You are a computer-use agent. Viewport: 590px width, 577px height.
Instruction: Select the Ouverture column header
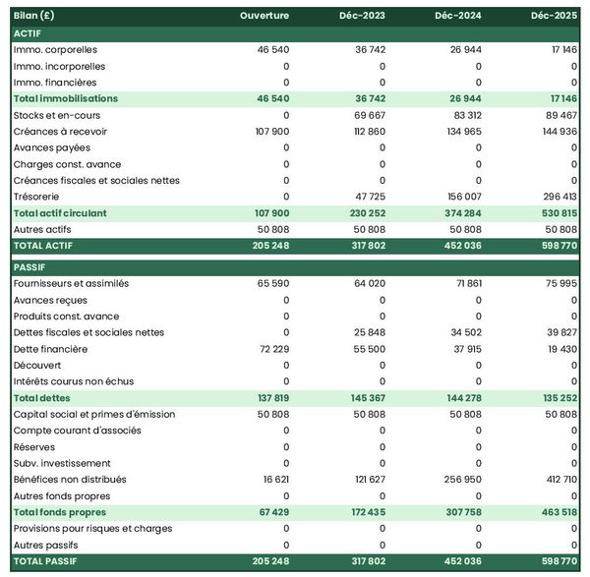[265, 16]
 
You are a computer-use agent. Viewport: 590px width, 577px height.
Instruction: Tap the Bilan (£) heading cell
[36, 16]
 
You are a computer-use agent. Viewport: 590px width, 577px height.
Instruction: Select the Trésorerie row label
[38, 197]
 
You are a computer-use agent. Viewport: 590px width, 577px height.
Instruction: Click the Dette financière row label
[50, 349]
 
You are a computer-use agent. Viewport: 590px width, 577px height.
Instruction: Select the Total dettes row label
[41, 398]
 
